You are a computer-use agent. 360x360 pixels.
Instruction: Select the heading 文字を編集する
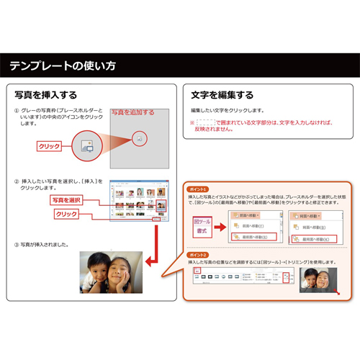(x=222, y=95)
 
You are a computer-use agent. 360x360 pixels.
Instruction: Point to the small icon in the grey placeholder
(x=140, y=136)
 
